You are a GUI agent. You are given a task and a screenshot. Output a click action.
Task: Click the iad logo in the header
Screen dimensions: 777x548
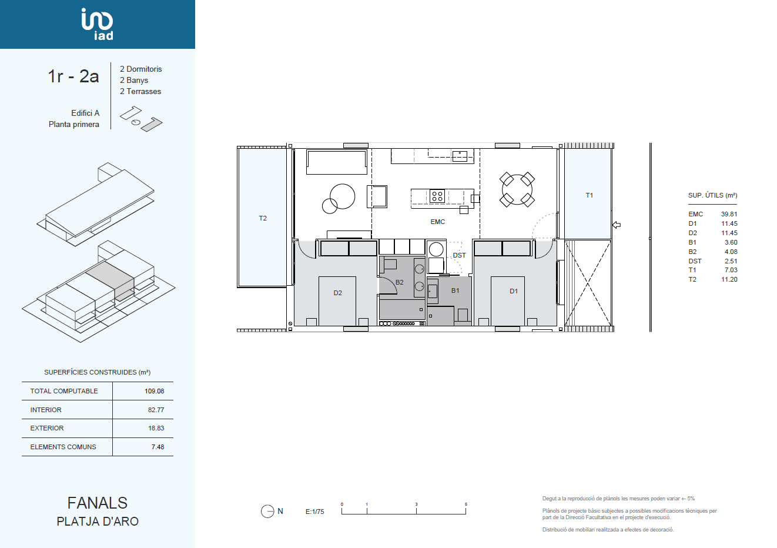coord(97,24)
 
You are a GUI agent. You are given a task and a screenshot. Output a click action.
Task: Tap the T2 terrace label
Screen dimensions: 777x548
coord(263,218)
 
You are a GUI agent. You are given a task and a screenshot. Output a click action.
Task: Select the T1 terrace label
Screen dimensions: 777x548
coord(590,195)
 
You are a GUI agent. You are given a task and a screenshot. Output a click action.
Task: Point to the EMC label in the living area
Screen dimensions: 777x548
coord(437,222)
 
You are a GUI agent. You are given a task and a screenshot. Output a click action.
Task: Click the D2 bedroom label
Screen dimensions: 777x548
coord(337,293)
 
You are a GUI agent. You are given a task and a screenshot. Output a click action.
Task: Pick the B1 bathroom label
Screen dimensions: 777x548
coord(455,290)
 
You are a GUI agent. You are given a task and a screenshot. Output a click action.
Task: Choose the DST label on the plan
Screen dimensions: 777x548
coord(459,255)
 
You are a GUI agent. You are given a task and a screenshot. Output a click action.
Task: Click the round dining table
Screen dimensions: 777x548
coord(517,189)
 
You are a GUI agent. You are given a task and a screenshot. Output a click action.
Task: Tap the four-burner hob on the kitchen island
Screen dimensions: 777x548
coord(437,196)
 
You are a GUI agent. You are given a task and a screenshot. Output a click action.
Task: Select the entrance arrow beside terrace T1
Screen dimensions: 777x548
coord(617,225)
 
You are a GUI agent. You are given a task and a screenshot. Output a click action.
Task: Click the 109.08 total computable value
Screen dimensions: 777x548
coord(155,391)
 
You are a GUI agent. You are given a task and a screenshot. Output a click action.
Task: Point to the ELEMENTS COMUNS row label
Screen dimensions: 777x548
coord(63,447)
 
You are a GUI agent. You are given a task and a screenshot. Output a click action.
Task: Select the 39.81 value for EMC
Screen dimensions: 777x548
coord(729,214)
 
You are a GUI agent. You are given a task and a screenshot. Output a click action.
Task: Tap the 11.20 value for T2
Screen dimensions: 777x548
coord(729,279)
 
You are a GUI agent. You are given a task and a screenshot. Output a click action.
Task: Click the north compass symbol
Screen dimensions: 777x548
coord(267,511)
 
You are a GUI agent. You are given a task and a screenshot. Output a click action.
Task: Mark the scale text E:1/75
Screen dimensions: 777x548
coord(314,512)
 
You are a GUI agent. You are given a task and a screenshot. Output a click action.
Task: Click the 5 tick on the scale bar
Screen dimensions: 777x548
coord(466,504)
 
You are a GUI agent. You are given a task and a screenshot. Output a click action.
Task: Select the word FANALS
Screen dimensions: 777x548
coord(98,503)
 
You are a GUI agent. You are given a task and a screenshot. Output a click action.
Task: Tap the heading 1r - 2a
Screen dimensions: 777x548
coord(73,76)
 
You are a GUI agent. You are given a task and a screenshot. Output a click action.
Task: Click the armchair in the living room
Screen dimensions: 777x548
coord(377,196)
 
